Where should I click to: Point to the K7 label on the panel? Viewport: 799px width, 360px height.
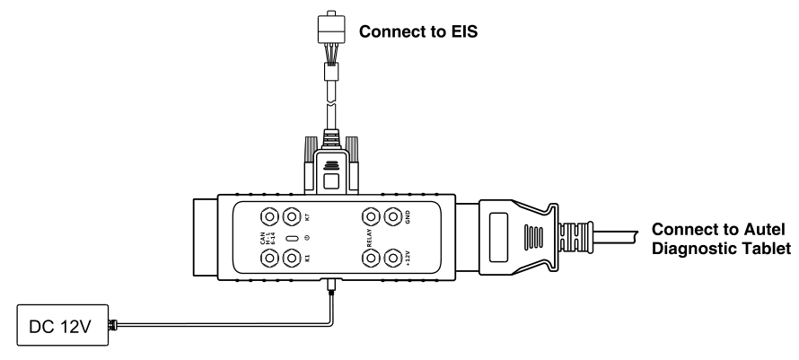(307, 217)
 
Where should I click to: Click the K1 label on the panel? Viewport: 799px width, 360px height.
(307, 259)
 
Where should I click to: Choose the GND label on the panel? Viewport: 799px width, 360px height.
(407, 217)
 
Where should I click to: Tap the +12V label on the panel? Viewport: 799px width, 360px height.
(407, 259)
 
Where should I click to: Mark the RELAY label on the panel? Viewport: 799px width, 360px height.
(368, 238)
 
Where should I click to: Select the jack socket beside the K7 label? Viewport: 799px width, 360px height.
(290, 217)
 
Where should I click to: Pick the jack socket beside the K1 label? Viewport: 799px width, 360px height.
(290, 259)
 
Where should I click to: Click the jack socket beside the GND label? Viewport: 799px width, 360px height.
(391, 217)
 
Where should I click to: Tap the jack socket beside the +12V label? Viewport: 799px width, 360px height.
(391, 259)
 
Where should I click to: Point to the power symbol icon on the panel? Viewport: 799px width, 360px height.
(307, 238)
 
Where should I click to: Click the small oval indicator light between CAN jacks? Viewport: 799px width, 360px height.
(291, 238)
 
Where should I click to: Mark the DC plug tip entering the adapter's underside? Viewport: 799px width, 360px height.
(331, 285)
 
